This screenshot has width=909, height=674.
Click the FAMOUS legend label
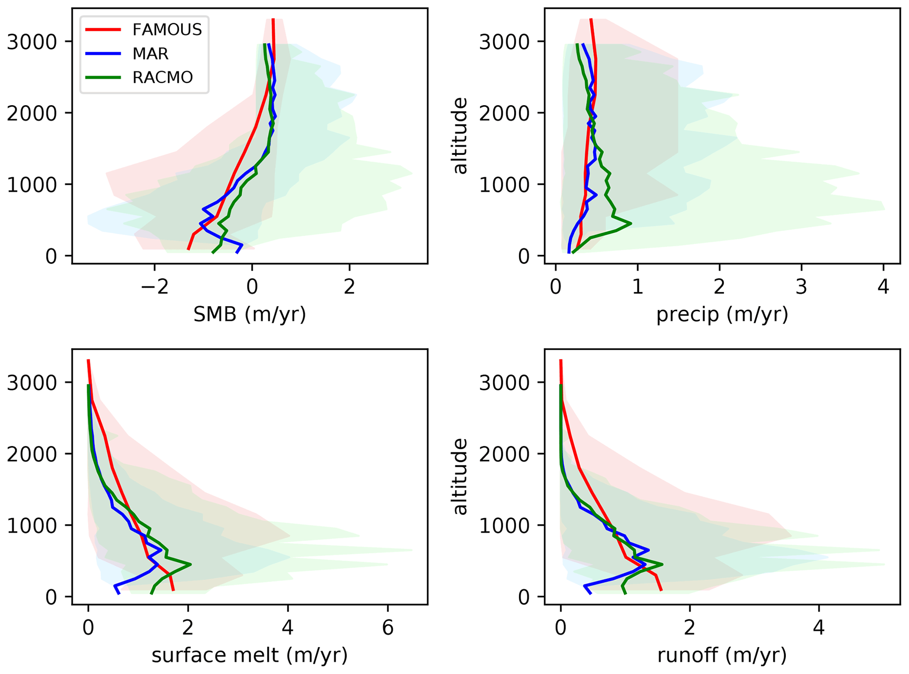pos(167,29)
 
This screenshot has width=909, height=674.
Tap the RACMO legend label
pos(162,77)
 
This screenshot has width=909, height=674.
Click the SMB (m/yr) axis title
pos(249,314)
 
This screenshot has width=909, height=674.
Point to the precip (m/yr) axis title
pos(722,314)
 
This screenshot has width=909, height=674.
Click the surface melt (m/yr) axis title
pos(249,655)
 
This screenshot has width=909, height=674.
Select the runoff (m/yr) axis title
pos(722,655)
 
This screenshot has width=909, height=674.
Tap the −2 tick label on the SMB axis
pos(154,287)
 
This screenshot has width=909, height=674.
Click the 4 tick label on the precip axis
pos(883,287)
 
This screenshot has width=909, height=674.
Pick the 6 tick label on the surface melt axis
pos(387,628)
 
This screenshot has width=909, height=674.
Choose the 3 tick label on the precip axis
pos(801,287)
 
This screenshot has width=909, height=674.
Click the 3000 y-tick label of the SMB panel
pos(32,42)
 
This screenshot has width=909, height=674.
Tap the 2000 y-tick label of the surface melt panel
pos(32,454)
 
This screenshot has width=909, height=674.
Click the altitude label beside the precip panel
pos(460,136)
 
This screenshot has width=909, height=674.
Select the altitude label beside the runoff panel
pos(460,476)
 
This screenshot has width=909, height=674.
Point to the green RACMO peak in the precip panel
pos(631,223)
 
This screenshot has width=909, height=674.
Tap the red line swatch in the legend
pos(103,29)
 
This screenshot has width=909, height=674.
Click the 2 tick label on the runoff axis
pos(690,628)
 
